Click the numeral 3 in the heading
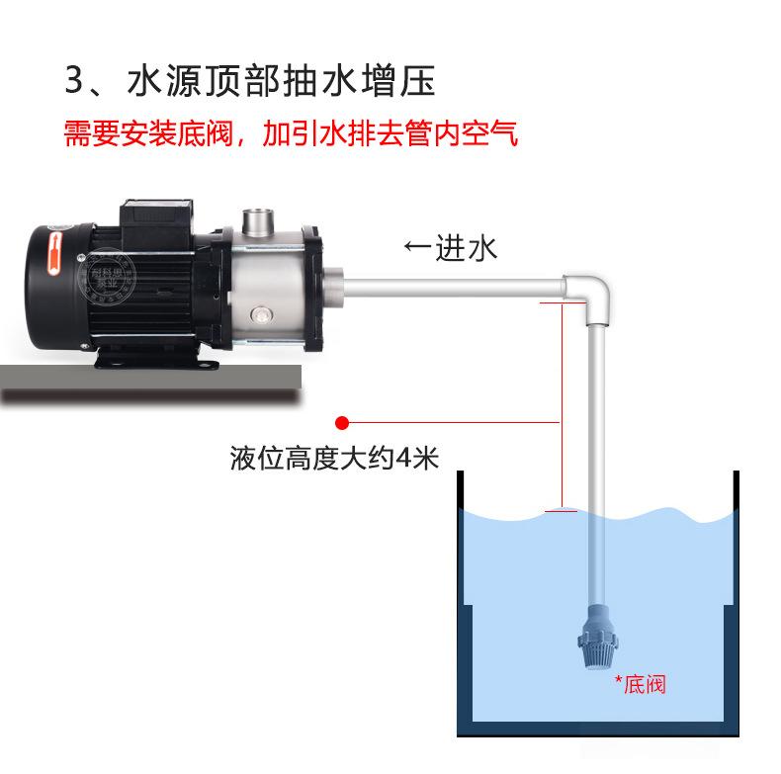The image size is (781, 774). coord(75,80)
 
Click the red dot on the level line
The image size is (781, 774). coord(342,423)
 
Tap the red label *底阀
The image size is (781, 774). coord(640,684)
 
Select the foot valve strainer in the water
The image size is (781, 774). coord(597,638)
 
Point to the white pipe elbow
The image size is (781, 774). coord(589,298)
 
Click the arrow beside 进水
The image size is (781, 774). coord(417,246)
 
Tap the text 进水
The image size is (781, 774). coord(467,247)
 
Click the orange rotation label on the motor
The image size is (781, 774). coord(53,253)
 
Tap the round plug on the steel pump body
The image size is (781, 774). coord(260,314)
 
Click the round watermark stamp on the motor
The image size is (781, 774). coord(107,276)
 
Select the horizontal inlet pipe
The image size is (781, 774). coord(453,289)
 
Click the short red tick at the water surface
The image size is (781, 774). coord(561,511)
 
